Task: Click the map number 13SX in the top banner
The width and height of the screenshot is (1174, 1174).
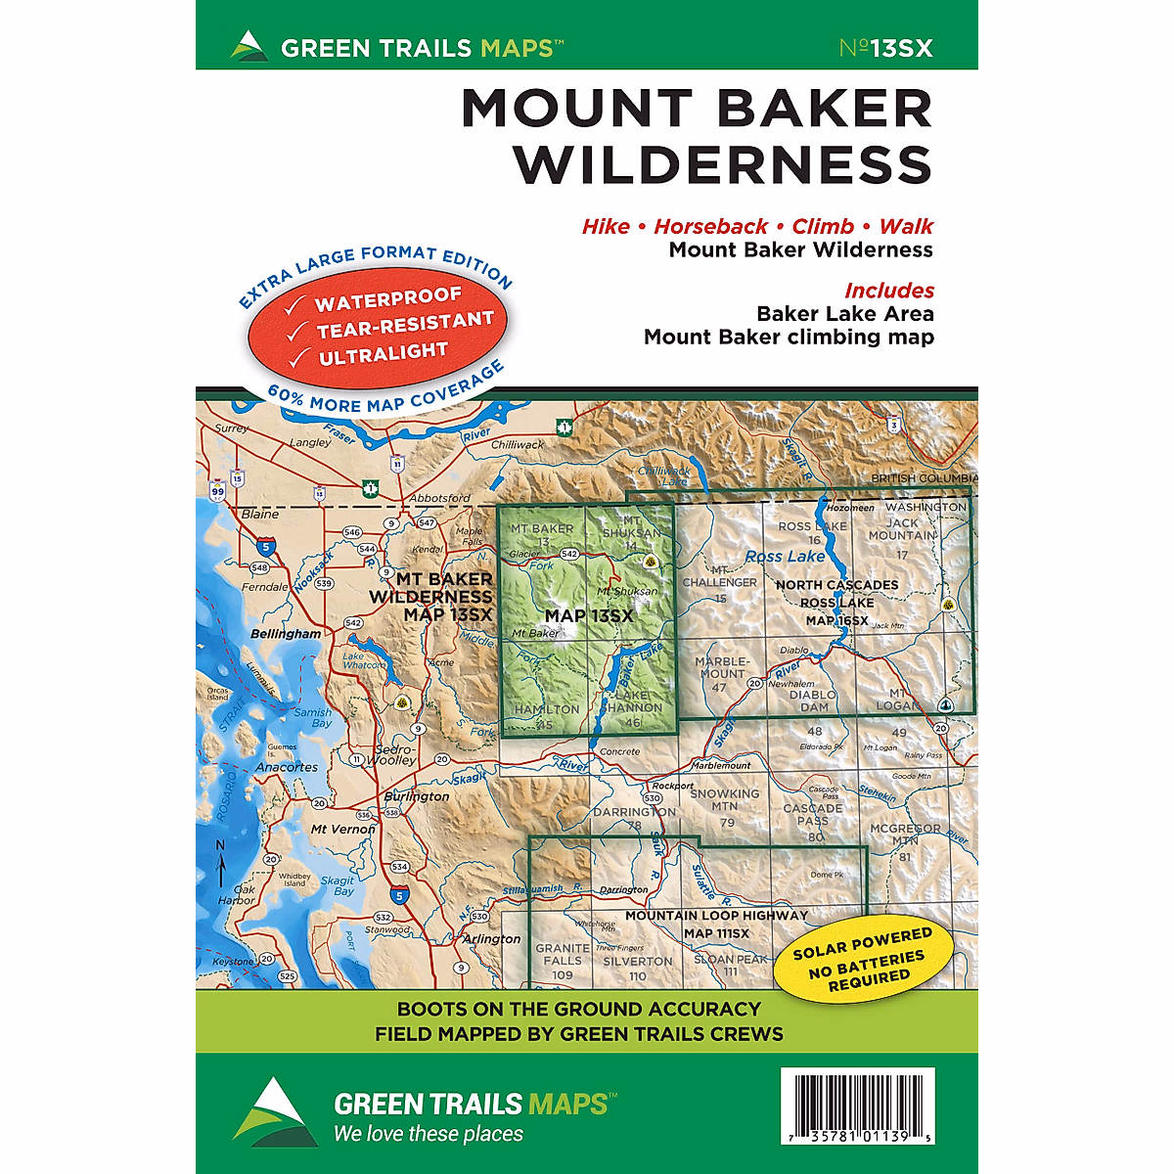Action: click(886, 47)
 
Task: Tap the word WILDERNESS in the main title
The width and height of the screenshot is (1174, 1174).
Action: click(723, 164)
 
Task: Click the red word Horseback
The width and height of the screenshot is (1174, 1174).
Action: click(710, 226)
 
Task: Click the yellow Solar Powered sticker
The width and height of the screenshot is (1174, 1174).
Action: click(862, 959)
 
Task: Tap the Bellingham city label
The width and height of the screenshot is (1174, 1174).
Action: click(286, 634)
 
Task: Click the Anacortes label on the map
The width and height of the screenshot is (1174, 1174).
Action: click(287, 767)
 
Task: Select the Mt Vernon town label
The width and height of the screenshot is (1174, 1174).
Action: click(342, 829)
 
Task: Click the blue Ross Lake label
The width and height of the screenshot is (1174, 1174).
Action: click(785, 556)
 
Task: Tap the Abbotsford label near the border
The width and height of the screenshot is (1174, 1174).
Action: click(439, 498)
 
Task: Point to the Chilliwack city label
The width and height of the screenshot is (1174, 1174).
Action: click(518, 444)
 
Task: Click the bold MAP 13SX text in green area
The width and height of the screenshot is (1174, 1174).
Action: click(589, 615)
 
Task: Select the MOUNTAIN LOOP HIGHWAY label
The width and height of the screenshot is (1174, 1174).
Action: click(716, 916)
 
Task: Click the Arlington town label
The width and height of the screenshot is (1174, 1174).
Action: click(492, 938)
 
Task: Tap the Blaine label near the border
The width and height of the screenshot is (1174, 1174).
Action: click(259, 514)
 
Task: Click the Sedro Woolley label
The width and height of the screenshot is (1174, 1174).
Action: click(396, 754)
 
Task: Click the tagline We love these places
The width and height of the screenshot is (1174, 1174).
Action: click(428, 1134)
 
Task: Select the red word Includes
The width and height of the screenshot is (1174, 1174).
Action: click(888, 291)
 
